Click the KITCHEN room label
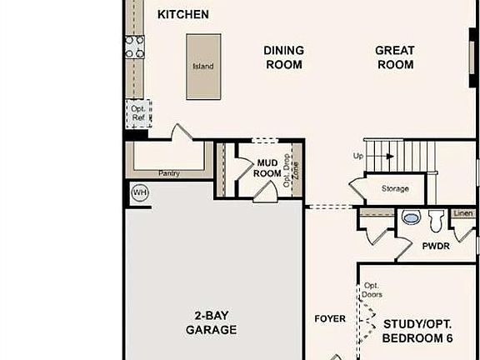pos(182,14)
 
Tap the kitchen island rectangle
pos(203,67)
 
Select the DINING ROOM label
pos(283,57)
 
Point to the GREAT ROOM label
pos(394,57)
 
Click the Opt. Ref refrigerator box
pos(137,112)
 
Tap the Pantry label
pos(170,173)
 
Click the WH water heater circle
pos(139,192)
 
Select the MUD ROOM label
pos(267,168)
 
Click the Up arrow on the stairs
pos(387,155)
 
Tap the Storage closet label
pos(395,188)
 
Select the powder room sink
pos(411,218)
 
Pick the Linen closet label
pos(463,213)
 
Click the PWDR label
pos(435,247)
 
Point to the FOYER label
pos(329,318)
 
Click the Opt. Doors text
pos(371,290)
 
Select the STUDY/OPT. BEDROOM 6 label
pos(417,330)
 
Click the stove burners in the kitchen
pos(134,48)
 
